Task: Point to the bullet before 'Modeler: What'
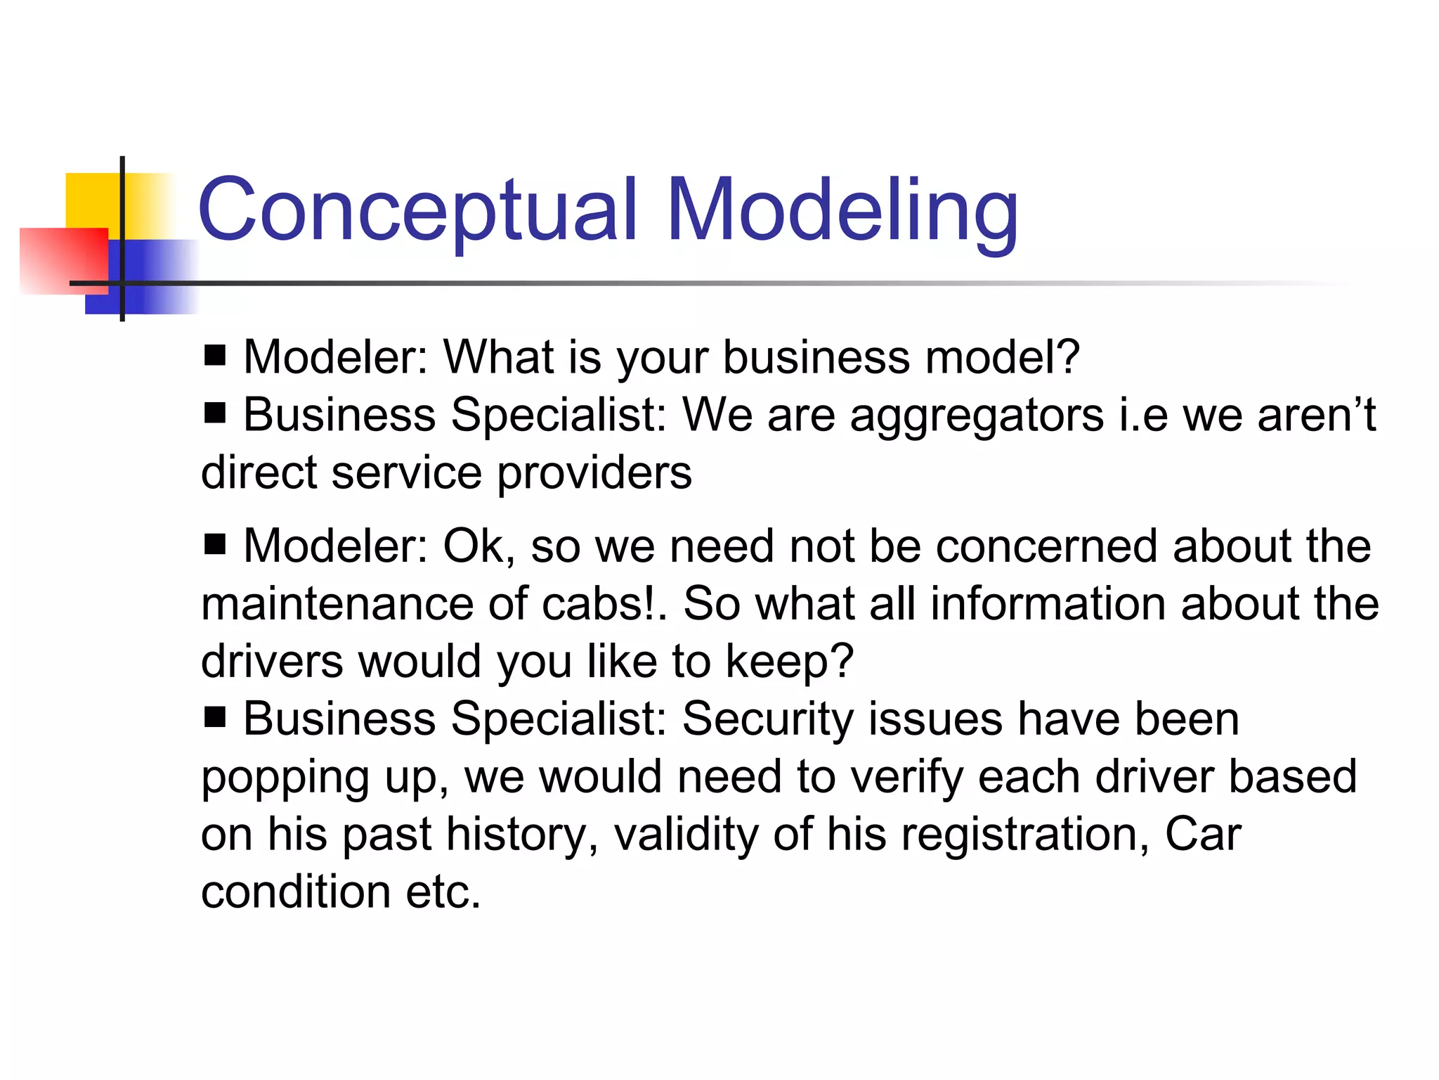215,356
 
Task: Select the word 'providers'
594,472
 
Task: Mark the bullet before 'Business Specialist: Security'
215,718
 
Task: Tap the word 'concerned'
1047,546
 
